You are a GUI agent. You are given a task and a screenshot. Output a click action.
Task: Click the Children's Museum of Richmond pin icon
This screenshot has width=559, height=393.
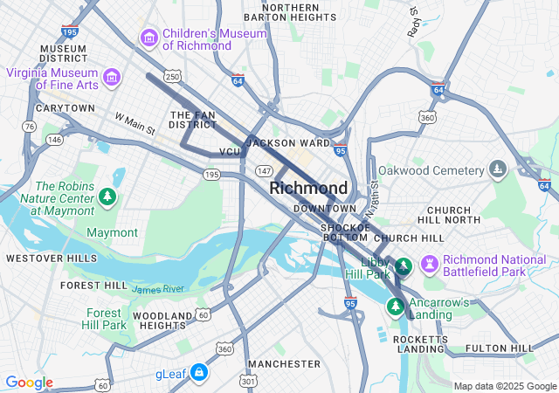(x=148, y=38)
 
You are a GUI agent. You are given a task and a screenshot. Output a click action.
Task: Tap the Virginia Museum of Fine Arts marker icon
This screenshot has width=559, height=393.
(x=112, y=79)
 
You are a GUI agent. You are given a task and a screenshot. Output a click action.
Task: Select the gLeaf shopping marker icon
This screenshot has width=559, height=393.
(x=199, y=373)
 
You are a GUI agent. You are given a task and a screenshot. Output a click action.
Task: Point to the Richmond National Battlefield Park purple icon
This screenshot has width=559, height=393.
(x=429, y=264)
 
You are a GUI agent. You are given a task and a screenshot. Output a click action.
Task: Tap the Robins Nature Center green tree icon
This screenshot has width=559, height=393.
(x=107, y=196)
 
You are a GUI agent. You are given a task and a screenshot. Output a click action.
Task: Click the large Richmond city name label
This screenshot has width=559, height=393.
(x=308, y=188)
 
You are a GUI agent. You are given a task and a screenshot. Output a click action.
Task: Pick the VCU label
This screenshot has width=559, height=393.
(x=230, y=152)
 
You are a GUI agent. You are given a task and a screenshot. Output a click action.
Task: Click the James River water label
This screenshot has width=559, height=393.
(x=158, y=288)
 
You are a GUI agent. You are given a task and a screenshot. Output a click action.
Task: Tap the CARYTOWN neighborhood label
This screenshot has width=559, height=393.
(x=65, y=108)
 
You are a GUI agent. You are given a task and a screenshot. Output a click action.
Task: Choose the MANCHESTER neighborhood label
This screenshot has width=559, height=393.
(x=284, y=363)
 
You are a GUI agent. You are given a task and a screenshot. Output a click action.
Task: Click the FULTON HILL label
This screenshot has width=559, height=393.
(x=499, y=348)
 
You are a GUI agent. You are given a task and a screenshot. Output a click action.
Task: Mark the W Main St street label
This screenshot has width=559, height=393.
(x=135, y=124)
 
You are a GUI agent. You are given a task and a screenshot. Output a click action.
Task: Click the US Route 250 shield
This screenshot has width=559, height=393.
(x=173, y=77)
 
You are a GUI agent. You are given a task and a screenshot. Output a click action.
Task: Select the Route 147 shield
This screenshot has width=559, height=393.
(x=263, y=171)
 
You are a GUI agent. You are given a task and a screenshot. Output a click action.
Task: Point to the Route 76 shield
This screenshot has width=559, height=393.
(x=30, y=127)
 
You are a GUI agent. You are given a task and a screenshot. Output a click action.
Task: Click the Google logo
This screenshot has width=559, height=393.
(x=29, y=383)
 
